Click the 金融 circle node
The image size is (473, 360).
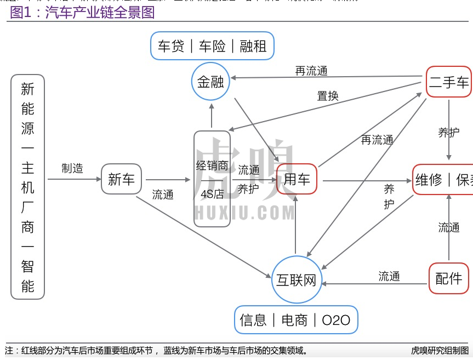(x=210, y=82)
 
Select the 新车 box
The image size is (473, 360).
(x=121, y=179)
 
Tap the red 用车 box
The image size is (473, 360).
(x=297, y=179)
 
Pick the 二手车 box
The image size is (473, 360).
(x=449, y=82)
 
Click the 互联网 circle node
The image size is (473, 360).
(x=296, y=280)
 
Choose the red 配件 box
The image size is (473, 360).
(x=449, y=278)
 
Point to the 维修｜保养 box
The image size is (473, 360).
(x=443, y=179)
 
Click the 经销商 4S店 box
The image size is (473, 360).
(x=212, y=179)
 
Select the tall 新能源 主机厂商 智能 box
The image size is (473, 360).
(x=28, y=186)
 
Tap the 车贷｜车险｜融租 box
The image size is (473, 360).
(x=212, y=46)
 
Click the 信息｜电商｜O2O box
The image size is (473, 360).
(x=295, y=319)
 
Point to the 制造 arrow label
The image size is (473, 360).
(x=72, y=168)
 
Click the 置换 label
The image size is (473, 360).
(x=328, y=96)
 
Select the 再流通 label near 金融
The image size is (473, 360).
(x=311, y=71)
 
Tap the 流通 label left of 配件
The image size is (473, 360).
(x=389, y=276)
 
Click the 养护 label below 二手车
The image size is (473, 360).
(x=448, y=132)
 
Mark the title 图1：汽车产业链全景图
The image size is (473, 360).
(x=82, y=12)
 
